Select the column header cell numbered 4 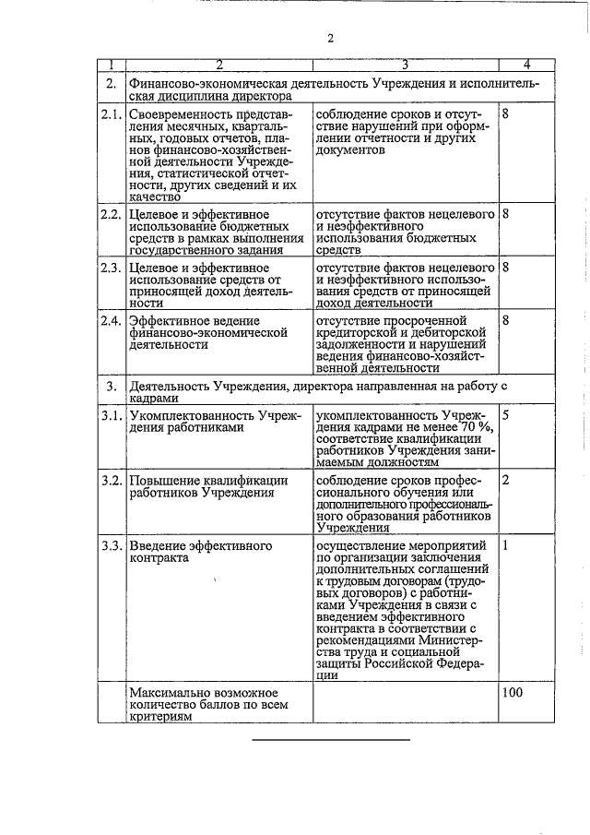coord(525,65)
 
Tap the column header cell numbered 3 coord(405,65)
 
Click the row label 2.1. coord(111,113)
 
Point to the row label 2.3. coord(111,267)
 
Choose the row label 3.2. coord(111,481)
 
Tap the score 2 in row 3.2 coord(506,481)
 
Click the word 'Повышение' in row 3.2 coord(163,481)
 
